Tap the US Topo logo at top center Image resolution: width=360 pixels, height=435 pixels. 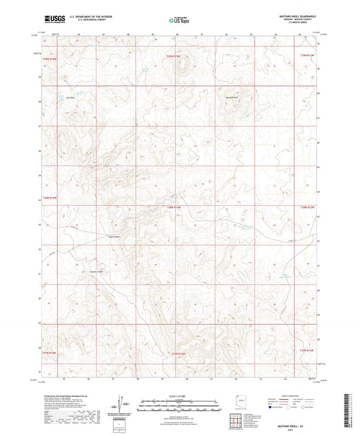point(179,21)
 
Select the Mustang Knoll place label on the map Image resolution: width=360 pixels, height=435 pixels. point(232,97)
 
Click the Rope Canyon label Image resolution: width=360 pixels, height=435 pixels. point(96,236)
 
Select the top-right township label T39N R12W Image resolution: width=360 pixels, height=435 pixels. point(308,55)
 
